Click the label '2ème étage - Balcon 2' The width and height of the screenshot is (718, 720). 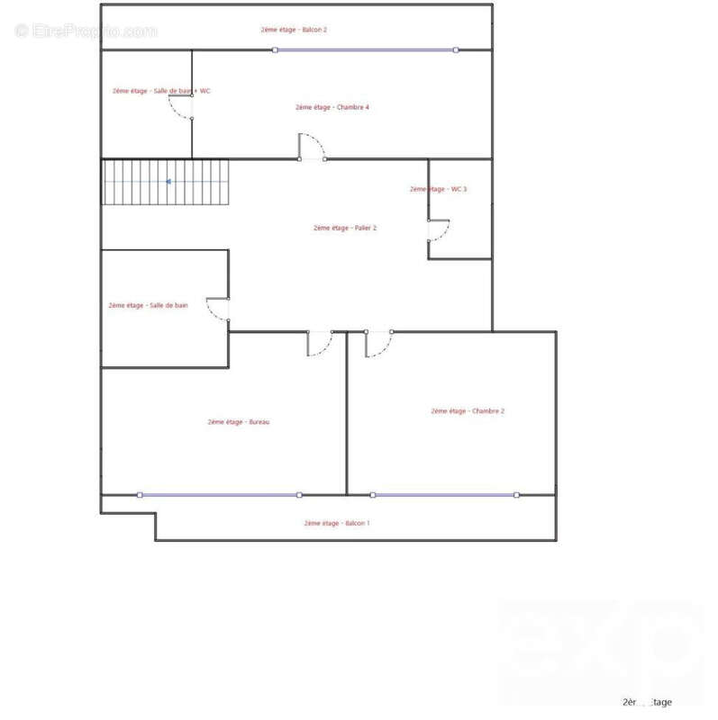tap(294, 30)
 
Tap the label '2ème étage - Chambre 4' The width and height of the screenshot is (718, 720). tap(332, 107)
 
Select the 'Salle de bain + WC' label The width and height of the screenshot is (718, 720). tap(161, 91)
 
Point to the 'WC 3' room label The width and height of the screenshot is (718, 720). tap(438, 189)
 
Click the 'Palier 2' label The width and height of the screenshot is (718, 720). tap(345, 228)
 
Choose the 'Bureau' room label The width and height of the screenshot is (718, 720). tap(239, 422)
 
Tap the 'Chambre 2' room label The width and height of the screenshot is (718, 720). tap(468, 411)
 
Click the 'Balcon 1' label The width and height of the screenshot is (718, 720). tap(337, 523)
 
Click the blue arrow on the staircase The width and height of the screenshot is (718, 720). tap(168, 181)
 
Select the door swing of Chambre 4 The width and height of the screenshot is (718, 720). tap(312, 147)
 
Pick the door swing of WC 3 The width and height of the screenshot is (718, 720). tap(439, 230)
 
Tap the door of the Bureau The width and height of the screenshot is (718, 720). tap(319, 344)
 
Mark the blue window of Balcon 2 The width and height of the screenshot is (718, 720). tap(365, 50)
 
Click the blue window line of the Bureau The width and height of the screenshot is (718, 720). tap(219, 494)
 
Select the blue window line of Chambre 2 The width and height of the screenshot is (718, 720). tap(444, 494)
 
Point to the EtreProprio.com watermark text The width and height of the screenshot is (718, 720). tap(86, 31)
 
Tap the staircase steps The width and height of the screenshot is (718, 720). tap(166, 182)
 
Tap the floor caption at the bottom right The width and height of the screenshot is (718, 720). tap(647, 702)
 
